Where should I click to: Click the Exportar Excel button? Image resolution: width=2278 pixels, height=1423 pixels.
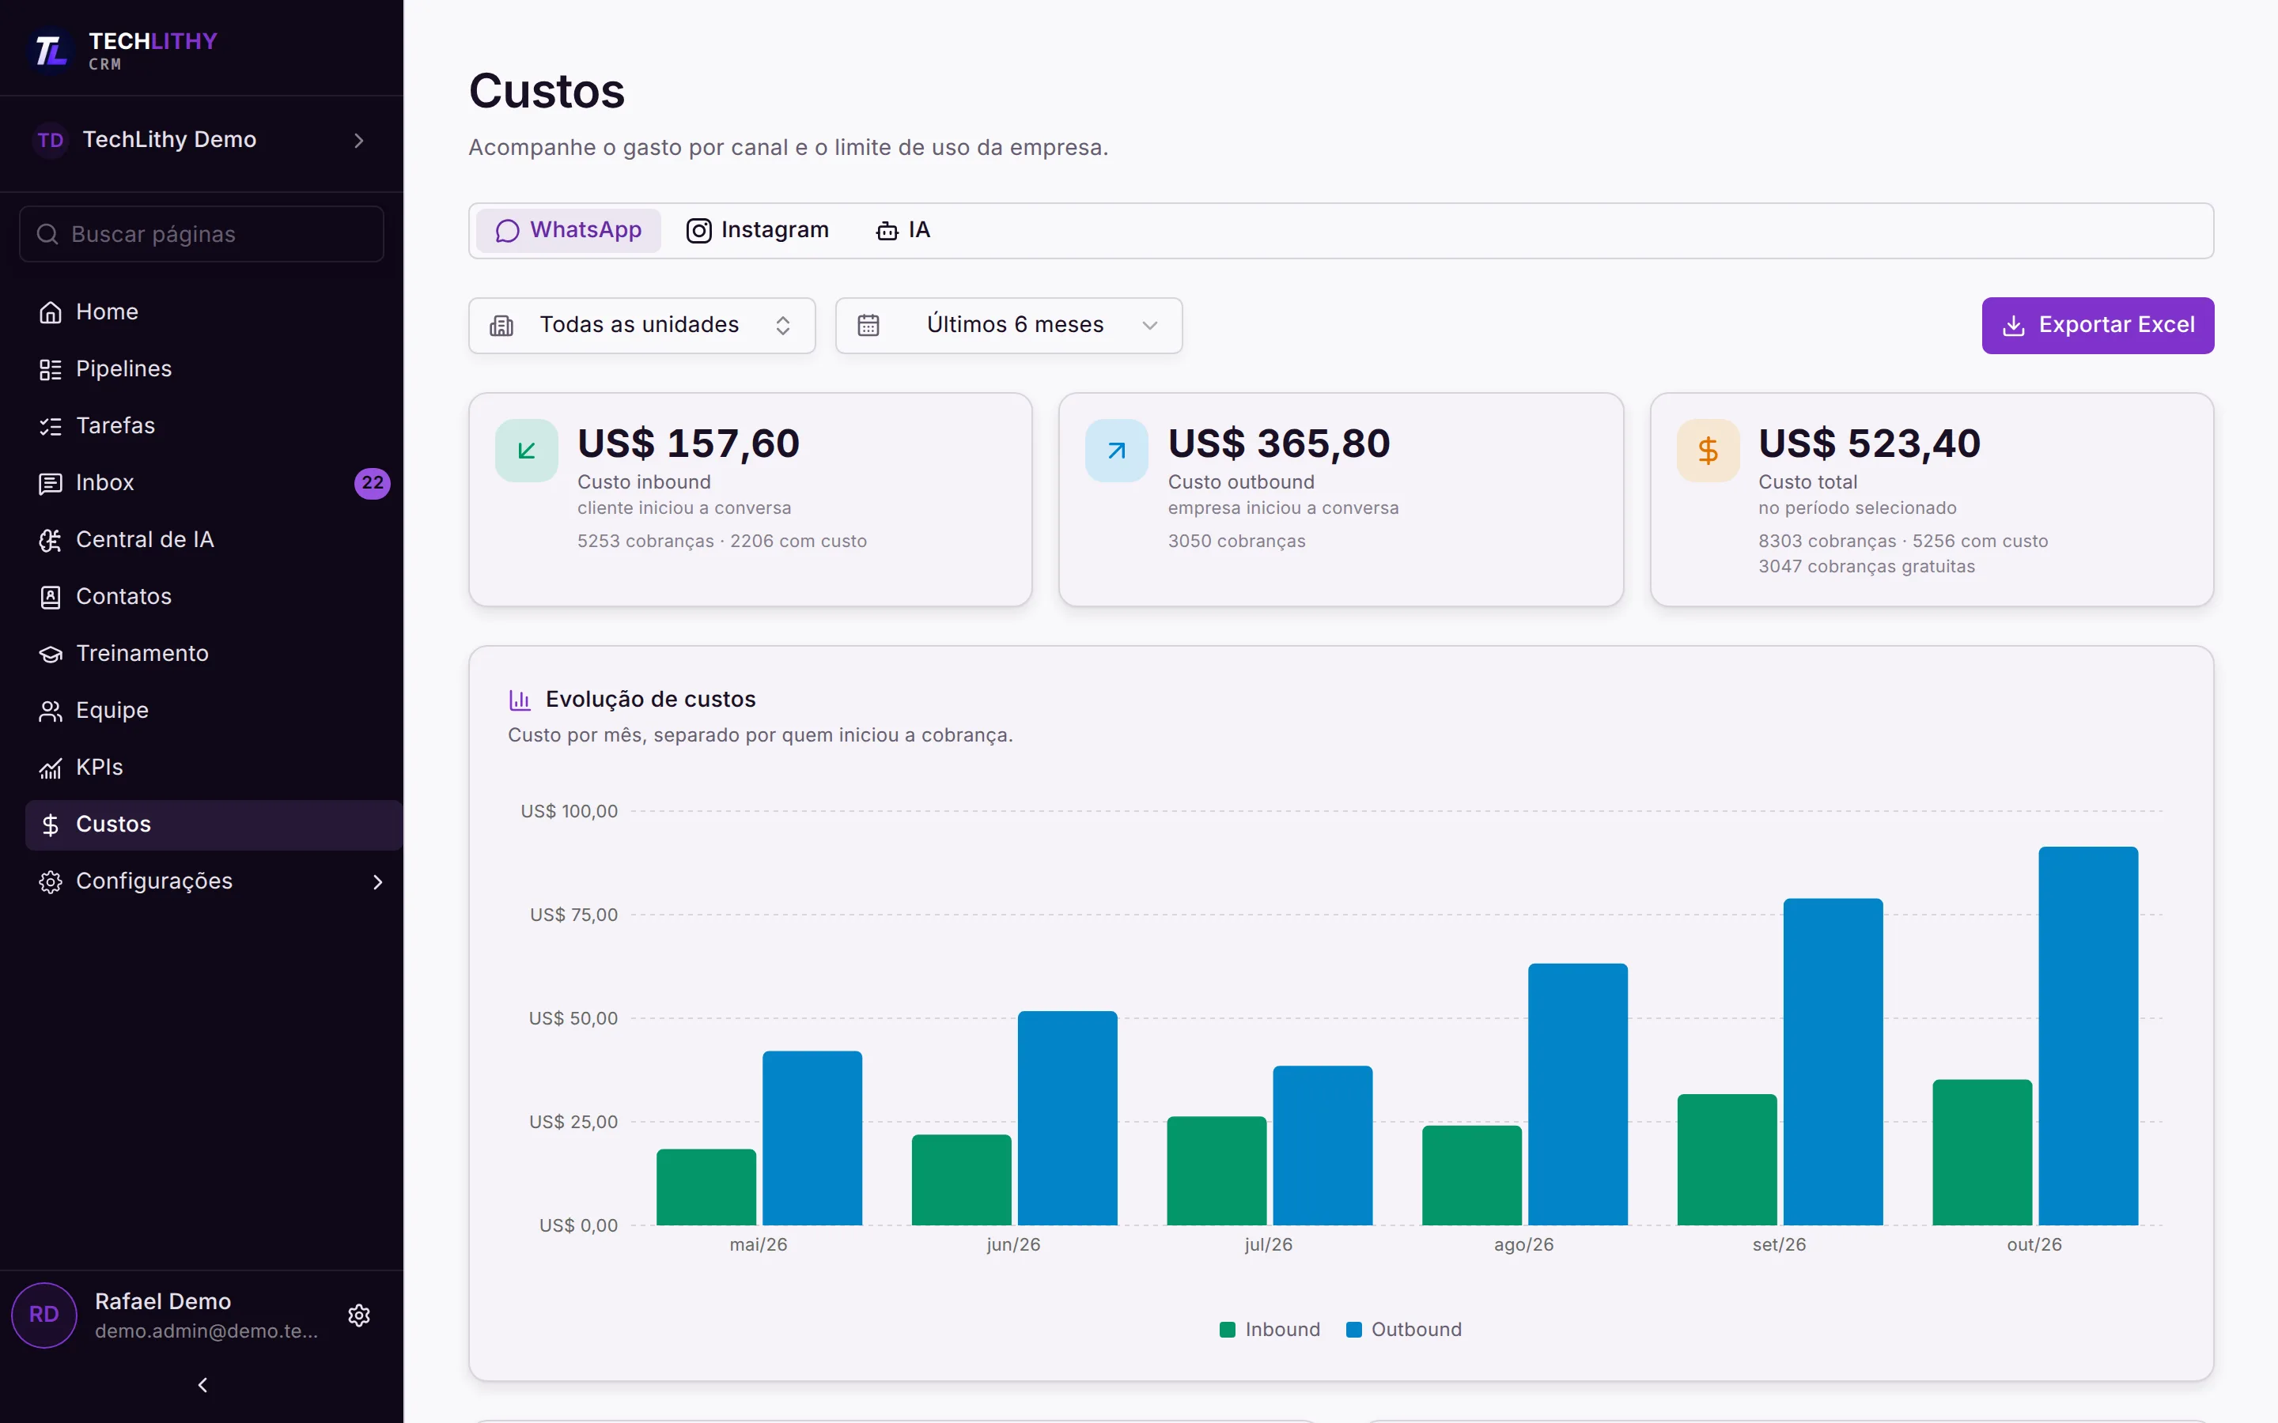point(2098,326)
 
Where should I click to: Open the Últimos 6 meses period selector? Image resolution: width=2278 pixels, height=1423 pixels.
point(1008,326)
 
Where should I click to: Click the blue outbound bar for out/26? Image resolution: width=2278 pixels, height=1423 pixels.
point(2088,1036)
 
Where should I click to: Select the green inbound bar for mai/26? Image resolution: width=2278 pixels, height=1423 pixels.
point(706,1187)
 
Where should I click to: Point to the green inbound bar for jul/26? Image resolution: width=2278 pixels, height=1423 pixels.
point(1217,1171)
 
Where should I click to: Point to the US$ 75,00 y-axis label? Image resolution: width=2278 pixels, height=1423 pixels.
point(573,915)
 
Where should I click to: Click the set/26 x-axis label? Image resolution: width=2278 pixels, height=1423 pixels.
point(1779,1244)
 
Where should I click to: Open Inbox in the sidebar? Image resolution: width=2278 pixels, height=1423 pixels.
point(104,483)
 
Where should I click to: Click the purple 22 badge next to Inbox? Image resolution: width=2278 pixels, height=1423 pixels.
point(372,483)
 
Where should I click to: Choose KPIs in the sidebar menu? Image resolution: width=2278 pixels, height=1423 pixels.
point(99,767)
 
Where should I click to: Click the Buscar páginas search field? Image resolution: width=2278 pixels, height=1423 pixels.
point(202,234)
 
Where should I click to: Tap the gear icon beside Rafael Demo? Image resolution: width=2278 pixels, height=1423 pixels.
point(358,1315)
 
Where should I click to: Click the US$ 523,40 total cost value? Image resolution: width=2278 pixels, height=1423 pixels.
point(1870,444)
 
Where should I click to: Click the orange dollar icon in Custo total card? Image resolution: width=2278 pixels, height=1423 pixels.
point(1708,451)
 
